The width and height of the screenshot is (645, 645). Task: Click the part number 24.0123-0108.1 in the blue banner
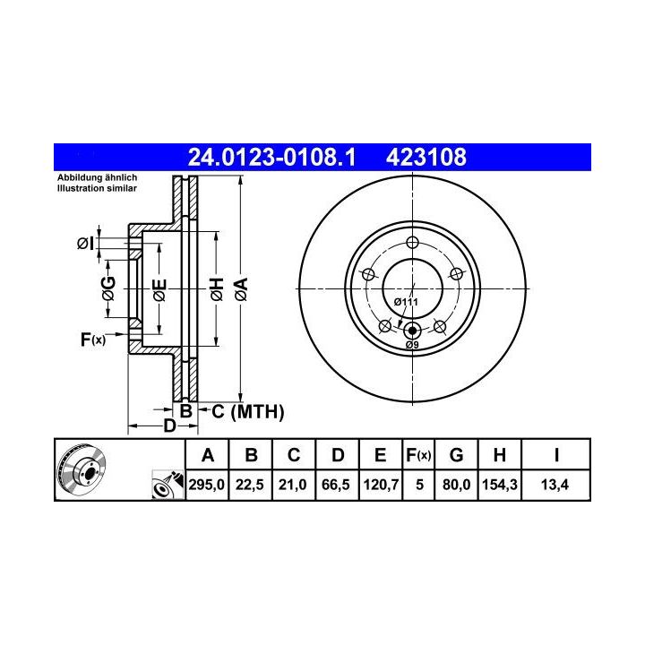click(x=271, y=157)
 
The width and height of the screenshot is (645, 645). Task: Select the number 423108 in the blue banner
click(x=426, y=157)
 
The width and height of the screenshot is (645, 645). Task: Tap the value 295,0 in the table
click(x=207, y=485)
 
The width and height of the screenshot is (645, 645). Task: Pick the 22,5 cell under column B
click(x=250, y=485)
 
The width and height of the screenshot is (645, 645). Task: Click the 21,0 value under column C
click(x=292, y=485)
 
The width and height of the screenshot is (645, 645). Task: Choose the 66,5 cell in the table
click(x=336, y=485)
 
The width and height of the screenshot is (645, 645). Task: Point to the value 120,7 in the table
click(x=381, y=485)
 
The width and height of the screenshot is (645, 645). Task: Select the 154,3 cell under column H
click(x=499, y=485)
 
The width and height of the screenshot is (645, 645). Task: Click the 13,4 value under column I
click(x=555, y=485)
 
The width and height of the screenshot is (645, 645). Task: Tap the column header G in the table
click(x=456, y=455)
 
